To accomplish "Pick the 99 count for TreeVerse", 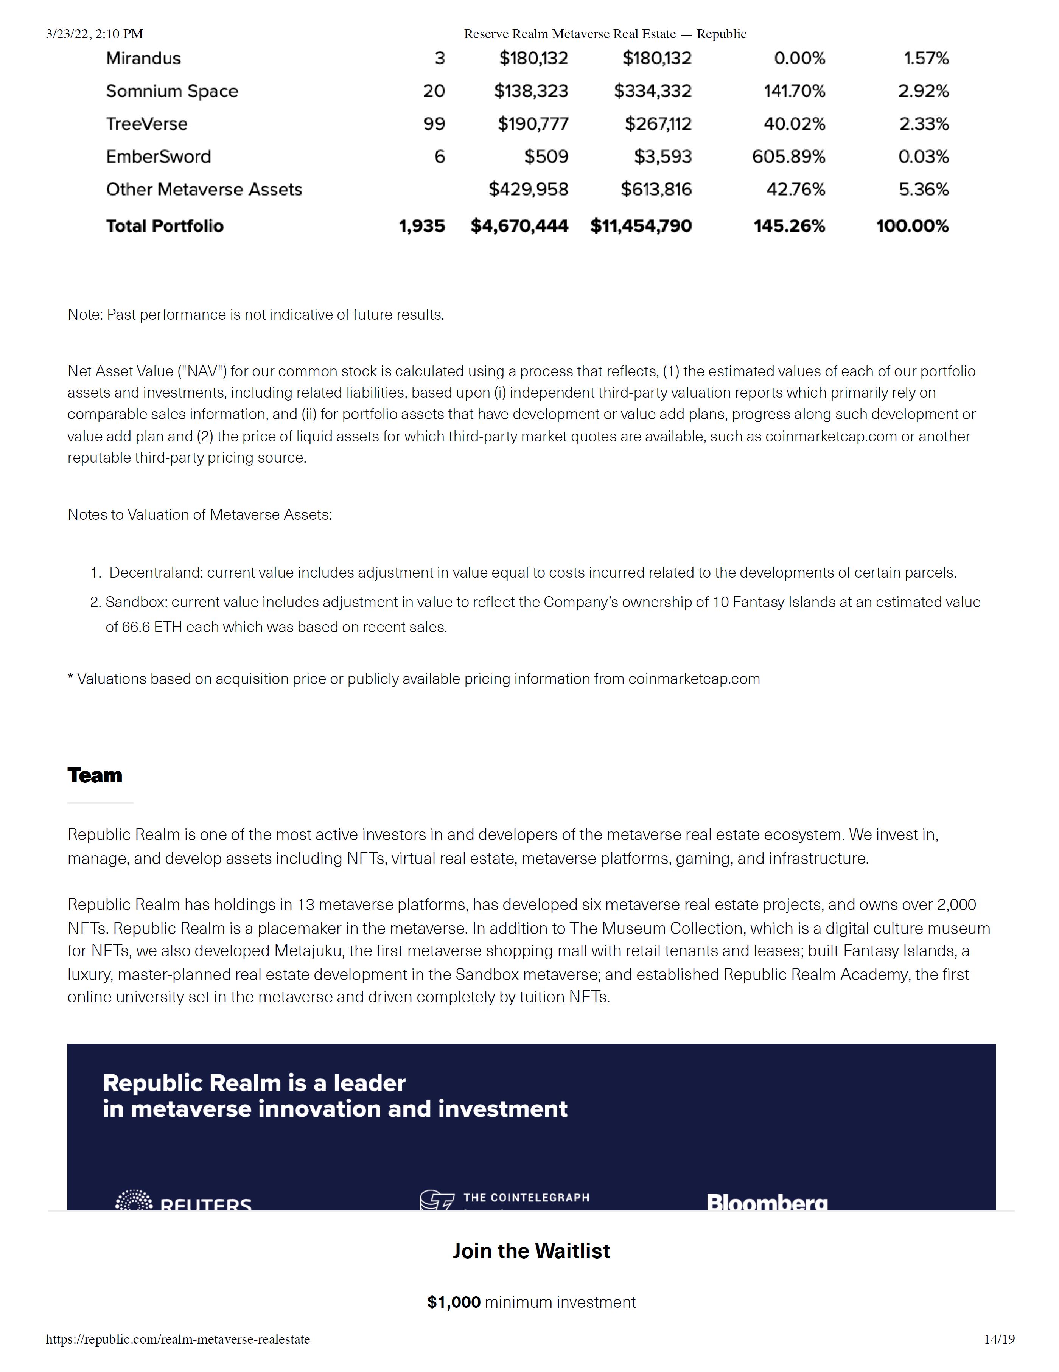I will click(434, 124).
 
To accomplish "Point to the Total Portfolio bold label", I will click(164, 226).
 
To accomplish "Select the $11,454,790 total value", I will click(641, 226).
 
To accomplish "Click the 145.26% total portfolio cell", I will click(789, 226).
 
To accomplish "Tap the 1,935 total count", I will click(422, 226).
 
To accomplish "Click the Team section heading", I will click(95, 775).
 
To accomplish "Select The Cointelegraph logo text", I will click(526, 1197).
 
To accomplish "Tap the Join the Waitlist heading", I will click(531, 1251).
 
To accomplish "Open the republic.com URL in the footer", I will click(178, 1339).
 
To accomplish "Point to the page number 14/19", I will click(999, 1339).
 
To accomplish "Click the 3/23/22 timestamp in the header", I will click(94, 34).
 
